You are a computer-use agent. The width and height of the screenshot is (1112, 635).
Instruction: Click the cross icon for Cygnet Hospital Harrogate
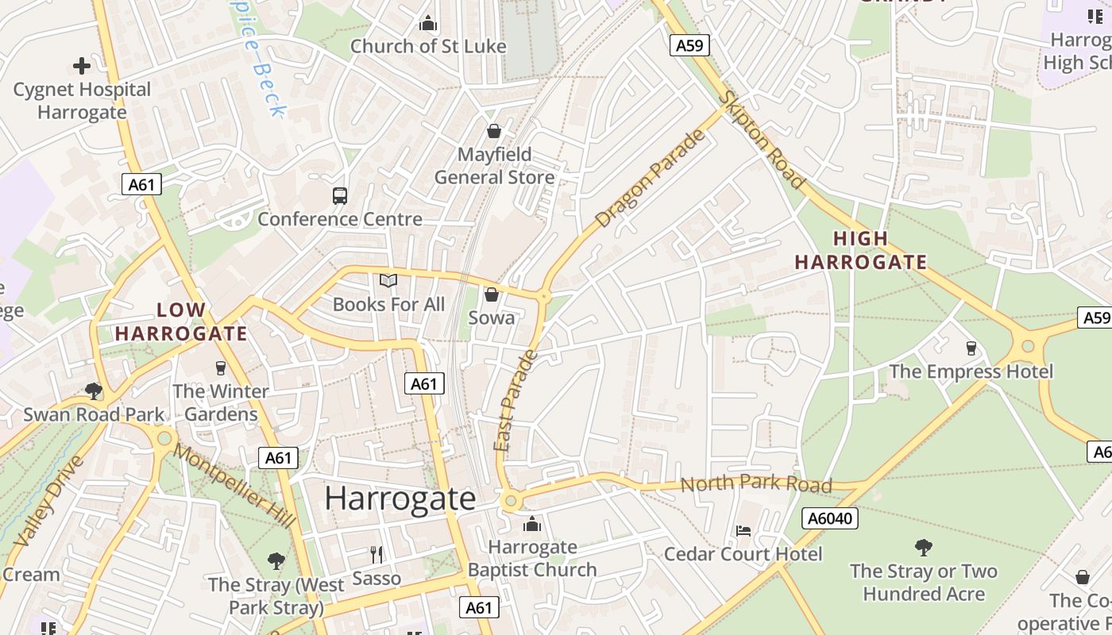click(x=81, y=66)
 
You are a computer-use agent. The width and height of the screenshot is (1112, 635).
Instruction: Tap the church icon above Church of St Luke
click(x=428, y=23)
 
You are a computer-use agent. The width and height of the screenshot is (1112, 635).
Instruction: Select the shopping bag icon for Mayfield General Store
click(x=493, y=131)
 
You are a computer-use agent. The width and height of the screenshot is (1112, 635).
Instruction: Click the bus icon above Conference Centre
click(x=340, y=195)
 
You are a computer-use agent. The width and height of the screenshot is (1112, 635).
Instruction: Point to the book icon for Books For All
click(x=388, y=281)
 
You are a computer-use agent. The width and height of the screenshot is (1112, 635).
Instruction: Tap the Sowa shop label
click(x=492, y=317)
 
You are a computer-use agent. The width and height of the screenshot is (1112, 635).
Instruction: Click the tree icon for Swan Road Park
click(x=94, y=391)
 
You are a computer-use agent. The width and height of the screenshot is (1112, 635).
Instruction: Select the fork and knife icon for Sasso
click(x=376, y=554)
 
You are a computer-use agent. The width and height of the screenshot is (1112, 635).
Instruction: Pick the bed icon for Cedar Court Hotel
click(x=743, y=530)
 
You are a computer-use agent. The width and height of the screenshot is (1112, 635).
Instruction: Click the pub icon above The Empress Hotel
click(x=971, y=348)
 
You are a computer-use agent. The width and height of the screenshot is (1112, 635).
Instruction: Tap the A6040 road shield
click(x=829, y=519)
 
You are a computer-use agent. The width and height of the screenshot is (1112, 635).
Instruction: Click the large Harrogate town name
click(x=400, y=498)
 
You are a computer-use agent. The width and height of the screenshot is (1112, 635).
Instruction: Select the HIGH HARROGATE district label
click(x=861, y=250)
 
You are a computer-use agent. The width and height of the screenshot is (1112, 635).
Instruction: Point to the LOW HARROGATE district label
click(x=181, y=321)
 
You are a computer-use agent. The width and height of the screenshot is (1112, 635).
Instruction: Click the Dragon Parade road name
click(x=650, y=179)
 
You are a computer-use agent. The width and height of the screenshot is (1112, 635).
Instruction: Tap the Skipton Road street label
click(x=763, y=140)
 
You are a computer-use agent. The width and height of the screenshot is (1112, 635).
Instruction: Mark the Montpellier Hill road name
click(x=234, y=486)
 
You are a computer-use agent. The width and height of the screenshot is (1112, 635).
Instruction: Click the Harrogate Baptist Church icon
click(x=532, y=525)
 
